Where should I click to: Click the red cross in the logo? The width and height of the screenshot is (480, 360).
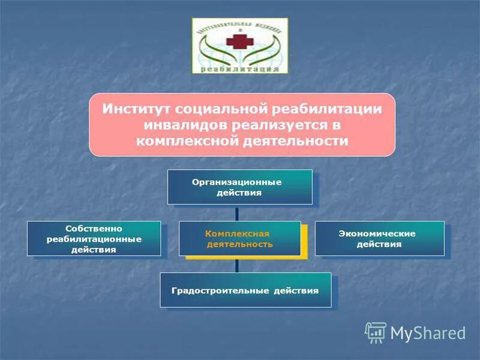click(239, 42)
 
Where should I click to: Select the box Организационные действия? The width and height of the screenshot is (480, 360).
click(239, 187)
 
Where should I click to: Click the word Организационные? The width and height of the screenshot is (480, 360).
click(236, 181)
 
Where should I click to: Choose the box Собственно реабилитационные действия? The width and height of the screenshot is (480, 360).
click(94, 238)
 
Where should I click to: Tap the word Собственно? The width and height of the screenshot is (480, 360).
click(94, 229)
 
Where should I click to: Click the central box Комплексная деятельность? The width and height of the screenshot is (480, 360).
click(239, 238)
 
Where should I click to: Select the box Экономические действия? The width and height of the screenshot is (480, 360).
click(379, 238)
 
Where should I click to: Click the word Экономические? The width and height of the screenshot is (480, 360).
click(377, 233)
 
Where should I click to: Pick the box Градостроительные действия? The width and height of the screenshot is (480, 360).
click(245, 290)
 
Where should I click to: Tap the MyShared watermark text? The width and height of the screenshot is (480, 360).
click(428, 333)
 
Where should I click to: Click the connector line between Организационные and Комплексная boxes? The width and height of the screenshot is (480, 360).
click(237, 212)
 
